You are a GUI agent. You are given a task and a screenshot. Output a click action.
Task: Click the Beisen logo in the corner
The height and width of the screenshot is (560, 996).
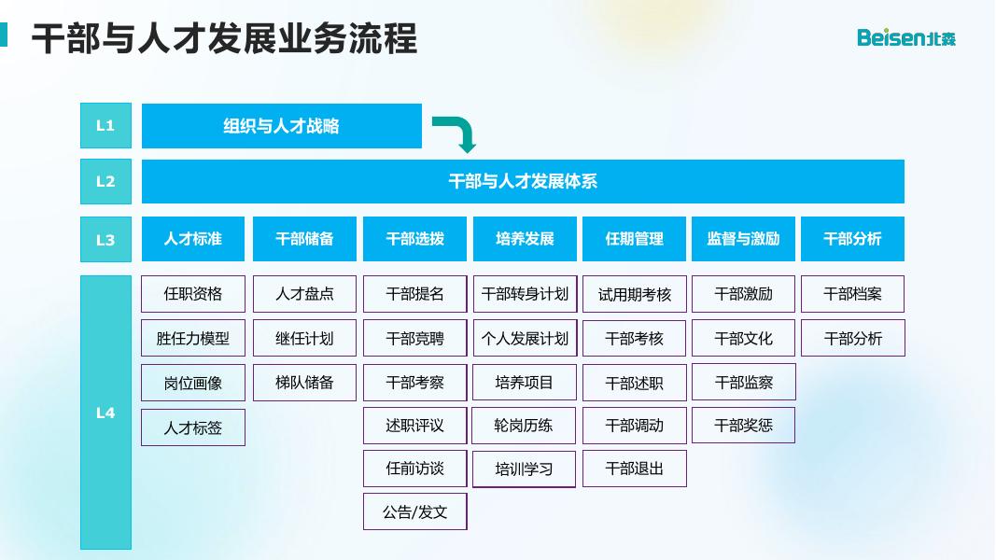click(906, 37)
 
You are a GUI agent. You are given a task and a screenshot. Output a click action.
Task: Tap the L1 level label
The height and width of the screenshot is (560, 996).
click(105, 125)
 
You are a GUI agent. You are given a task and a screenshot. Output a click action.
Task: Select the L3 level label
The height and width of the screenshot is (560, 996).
click(105, 239)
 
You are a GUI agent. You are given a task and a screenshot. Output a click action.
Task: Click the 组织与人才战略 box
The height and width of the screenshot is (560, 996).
click(281, 126)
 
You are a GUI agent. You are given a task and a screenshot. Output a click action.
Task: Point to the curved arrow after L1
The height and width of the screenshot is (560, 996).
click(456, 133)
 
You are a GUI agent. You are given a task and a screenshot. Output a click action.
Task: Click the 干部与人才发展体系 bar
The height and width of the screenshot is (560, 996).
click(523, 181)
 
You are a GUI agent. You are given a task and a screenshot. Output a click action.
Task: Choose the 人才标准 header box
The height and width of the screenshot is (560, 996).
click(193, 239)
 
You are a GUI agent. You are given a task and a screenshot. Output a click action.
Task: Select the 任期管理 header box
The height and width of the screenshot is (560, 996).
click(635, 239)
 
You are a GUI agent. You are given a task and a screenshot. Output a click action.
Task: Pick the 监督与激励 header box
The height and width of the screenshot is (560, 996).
click(743, 239)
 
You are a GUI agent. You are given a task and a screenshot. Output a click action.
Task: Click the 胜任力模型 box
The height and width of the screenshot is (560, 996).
click(193, 338)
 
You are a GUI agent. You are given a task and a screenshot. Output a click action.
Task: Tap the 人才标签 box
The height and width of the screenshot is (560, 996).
click(193, 427)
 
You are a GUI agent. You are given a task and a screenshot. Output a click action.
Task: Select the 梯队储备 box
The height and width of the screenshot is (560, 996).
click(304, 382)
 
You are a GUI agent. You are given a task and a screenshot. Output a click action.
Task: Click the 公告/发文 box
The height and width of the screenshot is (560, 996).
click(414, 511)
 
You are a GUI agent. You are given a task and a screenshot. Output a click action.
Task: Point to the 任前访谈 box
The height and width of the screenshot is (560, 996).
click(414, 469)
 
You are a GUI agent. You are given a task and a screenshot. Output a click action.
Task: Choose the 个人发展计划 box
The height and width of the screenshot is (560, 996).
click(525, 338)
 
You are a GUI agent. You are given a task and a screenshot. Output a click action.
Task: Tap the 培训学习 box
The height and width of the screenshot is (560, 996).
click(525, 469)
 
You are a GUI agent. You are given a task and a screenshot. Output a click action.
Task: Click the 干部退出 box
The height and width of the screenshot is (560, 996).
click(635, 469)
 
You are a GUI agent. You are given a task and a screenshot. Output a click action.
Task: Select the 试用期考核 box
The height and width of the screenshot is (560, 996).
click(635, 294)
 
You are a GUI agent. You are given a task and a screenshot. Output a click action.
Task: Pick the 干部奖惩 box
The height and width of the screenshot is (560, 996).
click(743, 426)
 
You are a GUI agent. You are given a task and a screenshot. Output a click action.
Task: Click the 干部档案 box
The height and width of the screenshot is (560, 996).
click(852, 294)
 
